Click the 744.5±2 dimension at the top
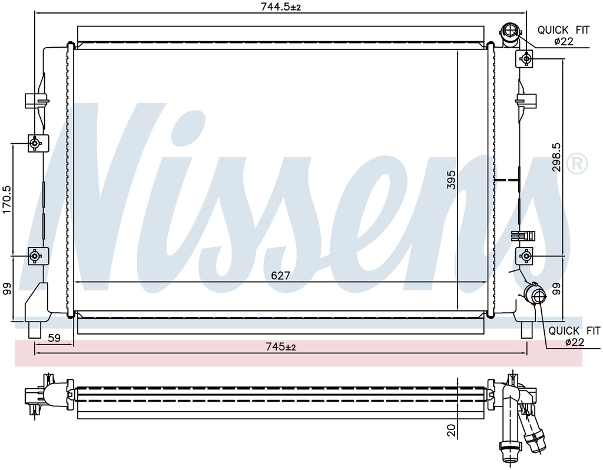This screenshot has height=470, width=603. coord(280,6)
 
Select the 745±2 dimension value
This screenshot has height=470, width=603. coord(281,347)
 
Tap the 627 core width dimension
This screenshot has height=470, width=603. coord(280,276)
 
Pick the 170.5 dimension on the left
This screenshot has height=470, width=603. coord(7,200)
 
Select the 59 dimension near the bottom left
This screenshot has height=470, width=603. coord(54,337)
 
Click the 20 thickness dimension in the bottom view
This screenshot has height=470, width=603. coord(452,430)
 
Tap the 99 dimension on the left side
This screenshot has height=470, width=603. coord(7,289)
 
